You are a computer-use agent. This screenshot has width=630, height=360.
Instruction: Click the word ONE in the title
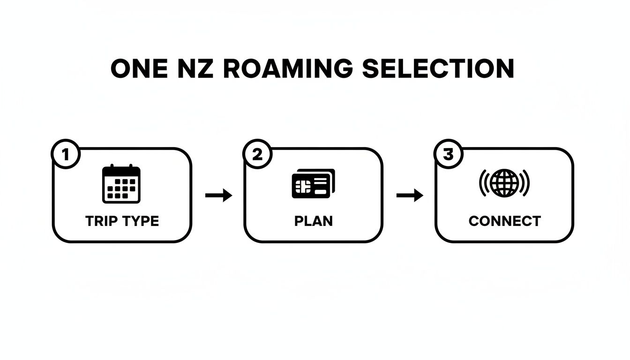tap(138, 68)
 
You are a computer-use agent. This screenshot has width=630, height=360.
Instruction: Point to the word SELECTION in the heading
tap(438, 68)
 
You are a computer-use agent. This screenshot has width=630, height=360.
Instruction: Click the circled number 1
tap(66, 155)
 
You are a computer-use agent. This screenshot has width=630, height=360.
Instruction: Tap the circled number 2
tap(257, 155)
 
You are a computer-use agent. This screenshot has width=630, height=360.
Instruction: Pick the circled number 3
tap(449, 155)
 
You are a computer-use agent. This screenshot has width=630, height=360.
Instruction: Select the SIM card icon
tap(313, 184)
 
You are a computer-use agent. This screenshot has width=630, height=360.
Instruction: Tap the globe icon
tap(504, 183)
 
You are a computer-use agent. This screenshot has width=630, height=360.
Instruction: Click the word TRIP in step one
tap(100, 221)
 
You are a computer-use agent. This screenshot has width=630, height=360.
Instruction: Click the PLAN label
tap(314, 221)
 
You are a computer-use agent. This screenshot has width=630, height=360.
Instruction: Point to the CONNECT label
tap(504, 221)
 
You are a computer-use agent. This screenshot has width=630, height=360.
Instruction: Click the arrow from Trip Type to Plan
tap(218, 195)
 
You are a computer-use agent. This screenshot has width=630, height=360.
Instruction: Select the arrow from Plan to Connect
tap(410, 195)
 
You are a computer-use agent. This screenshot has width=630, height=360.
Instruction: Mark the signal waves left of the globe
tap(483, 183)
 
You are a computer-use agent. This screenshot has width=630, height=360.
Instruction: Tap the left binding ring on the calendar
tap(111, 168)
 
